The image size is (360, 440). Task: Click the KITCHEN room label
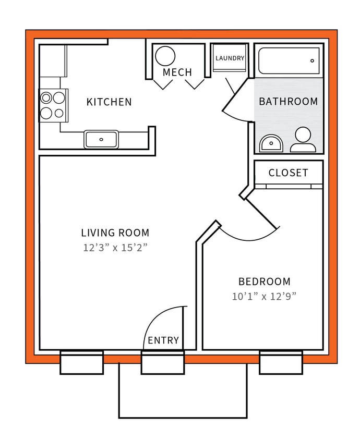coord(109,102)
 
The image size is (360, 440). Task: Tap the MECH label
coord(177,72)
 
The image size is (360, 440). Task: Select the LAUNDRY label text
coord(230,58)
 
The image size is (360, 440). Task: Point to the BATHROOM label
coord(288,102)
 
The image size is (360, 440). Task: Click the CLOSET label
coord(288,173)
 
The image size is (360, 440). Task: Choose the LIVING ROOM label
coord(115,233)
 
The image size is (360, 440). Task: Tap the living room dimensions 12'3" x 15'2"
coord(115,248)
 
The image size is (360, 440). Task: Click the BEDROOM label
coord(265,282)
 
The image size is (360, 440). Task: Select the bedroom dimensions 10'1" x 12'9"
coord(265,297)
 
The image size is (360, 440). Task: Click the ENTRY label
coord(163,340)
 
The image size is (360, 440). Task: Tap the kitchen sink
coord(101,139)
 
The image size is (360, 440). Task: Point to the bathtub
coord(289,61)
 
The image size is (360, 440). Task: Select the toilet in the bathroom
coord(302,140)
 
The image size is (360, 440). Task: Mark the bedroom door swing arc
coord(250,237)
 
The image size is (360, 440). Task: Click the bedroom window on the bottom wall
coord(281,362)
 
